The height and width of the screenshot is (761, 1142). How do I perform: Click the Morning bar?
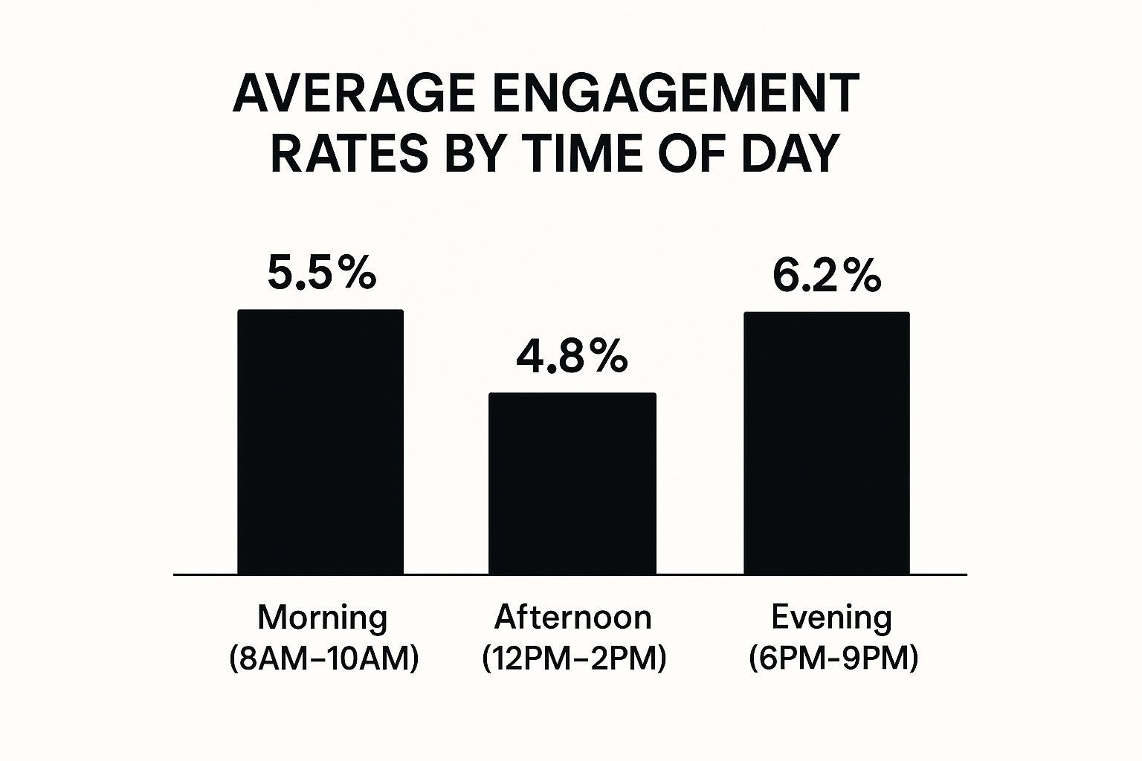tap(320, 442)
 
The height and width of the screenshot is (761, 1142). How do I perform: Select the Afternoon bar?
tap(572, 484)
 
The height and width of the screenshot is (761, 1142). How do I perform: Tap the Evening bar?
tap(827, 444)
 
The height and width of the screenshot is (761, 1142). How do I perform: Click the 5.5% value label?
tap(321, 274)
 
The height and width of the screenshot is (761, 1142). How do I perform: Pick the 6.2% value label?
tap(826, 276)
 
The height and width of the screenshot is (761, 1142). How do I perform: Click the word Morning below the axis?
tap(323, 618)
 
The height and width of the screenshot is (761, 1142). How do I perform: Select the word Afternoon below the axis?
tap(572, 618)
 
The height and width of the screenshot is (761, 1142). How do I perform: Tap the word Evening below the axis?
tap(831, 618)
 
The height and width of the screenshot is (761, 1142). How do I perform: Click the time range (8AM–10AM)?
tap(324, 658)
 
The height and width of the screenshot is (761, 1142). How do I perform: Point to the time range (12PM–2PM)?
tap(573, 658)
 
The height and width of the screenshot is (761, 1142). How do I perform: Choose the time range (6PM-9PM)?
tap(833, 658)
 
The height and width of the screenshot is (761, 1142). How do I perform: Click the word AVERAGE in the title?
tap(353, 94)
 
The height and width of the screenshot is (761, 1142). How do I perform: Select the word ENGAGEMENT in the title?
tap(674, 94)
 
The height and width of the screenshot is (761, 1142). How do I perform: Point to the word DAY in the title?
tap(790, 154)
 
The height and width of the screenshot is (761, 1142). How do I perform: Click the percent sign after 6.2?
tap(862, 276)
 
